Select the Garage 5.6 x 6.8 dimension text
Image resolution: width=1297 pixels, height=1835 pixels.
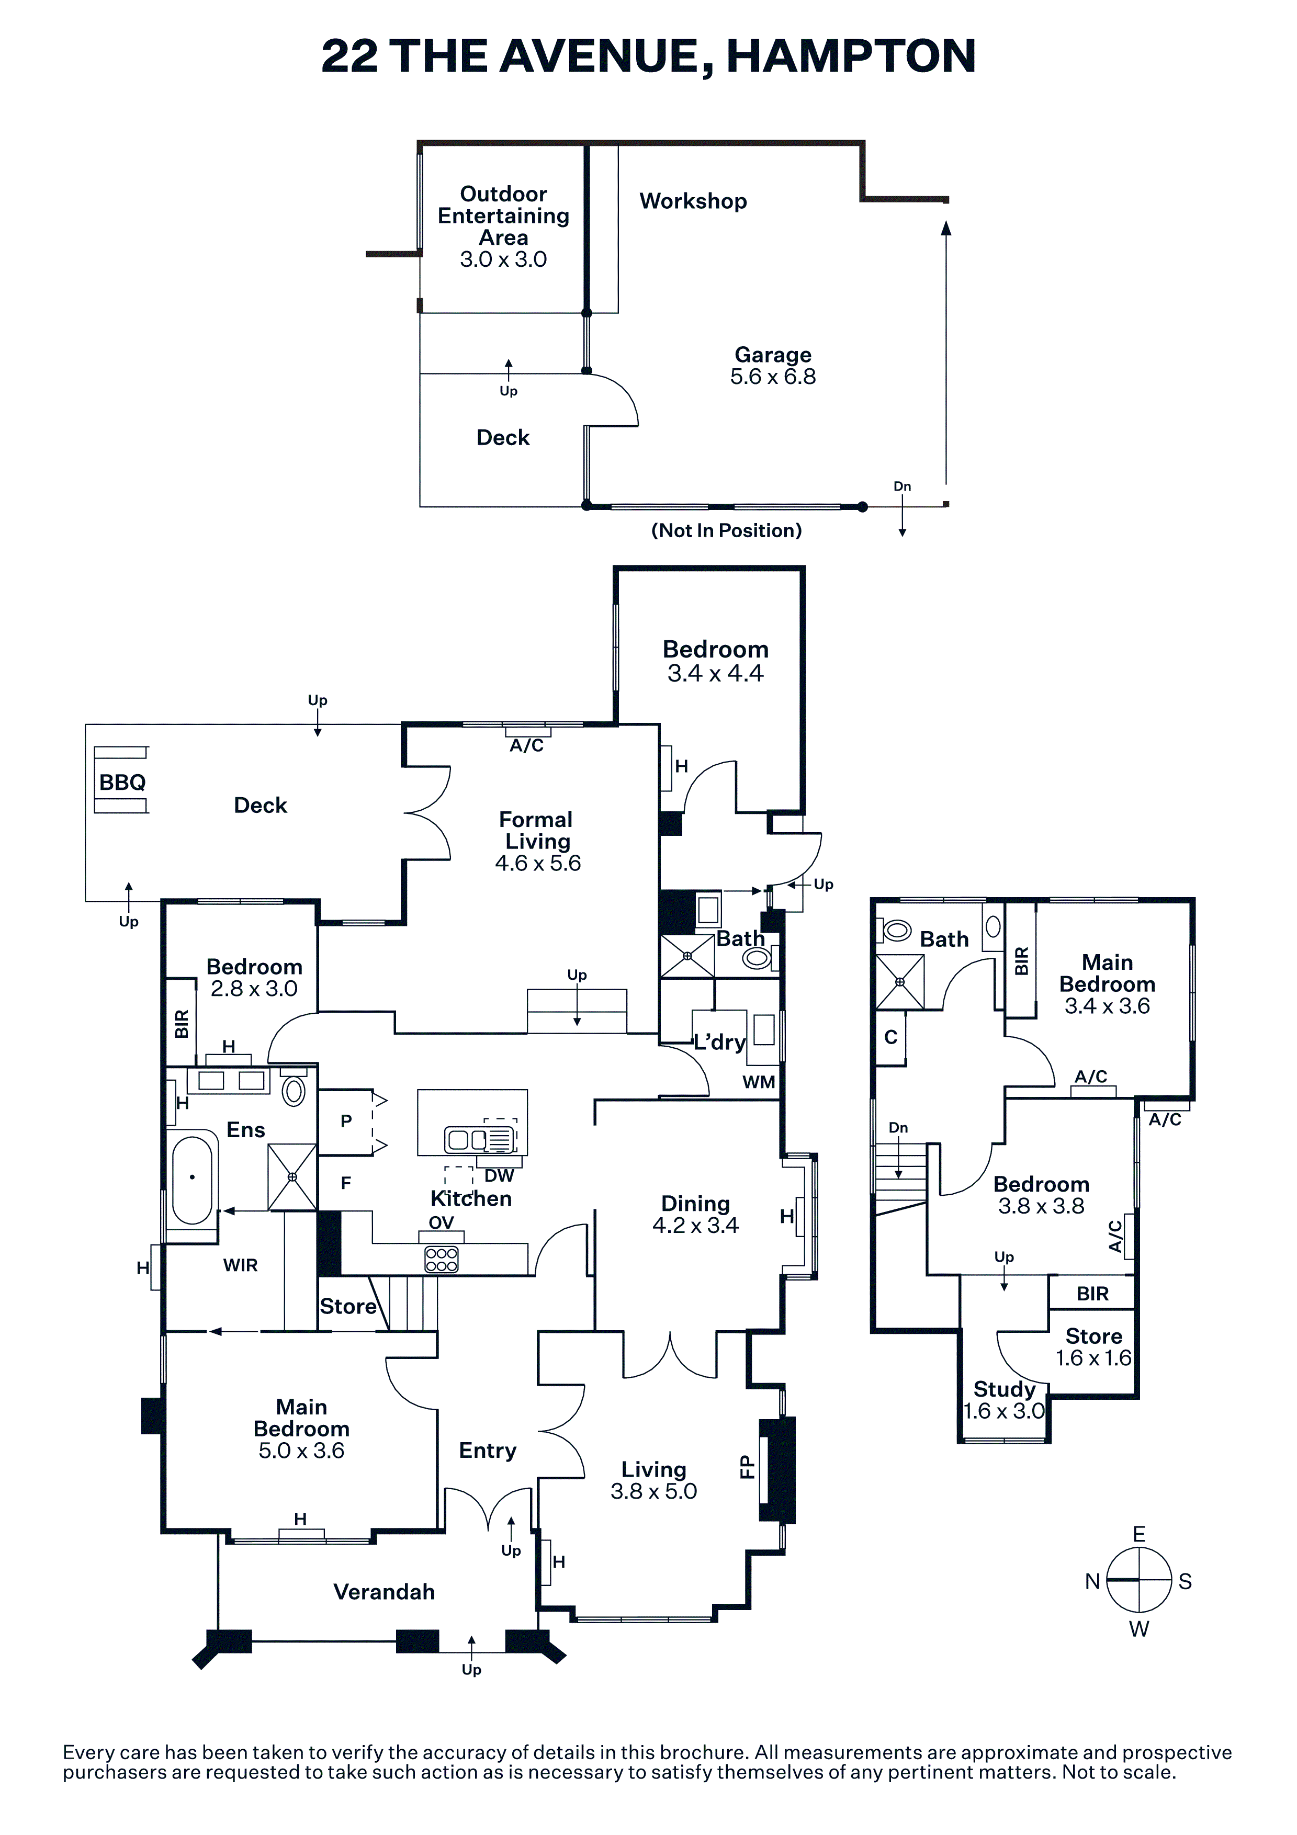click(773, 377)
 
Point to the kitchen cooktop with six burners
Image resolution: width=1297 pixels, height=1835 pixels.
click(441, 1260)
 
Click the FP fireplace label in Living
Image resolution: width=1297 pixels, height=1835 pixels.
click(747, 1467)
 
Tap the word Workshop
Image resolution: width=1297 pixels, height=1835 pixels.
click(693, 201)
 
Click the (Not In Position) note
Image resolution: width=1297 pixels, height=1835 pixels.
click(726, 531)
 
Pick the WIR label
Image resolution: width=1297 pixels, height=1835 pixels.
click(240, 1265)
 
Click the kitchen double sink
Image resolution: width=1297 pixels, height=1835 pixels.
click(468, 1138)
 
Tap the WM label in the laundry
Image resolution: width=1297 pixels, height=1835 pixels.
click(759, 1082)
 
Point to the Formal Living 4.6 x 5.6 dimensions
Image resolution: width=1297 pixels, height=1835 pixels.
click(538, 863)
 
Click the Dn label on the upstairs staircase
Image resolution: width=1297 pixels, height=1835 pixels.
click(898, 1128)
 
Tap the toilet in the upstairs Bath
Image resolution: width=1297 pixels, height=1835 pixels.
click(897, 930)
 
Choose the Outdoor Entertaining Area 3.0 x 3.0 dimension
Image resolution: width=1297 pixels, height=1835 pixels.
click(503, 259)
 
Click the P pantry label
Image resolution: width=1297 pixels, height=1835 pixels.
click(346, 1122)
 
